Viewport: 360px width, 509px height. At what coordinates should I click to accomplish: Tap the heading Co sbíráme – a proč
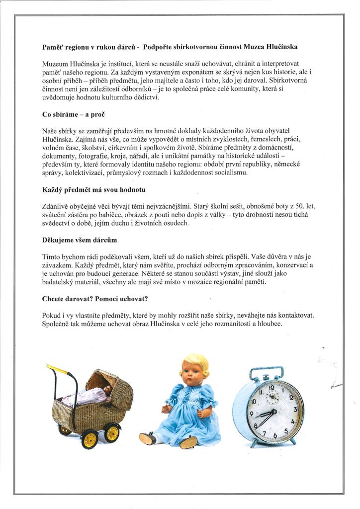point(73,114)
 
